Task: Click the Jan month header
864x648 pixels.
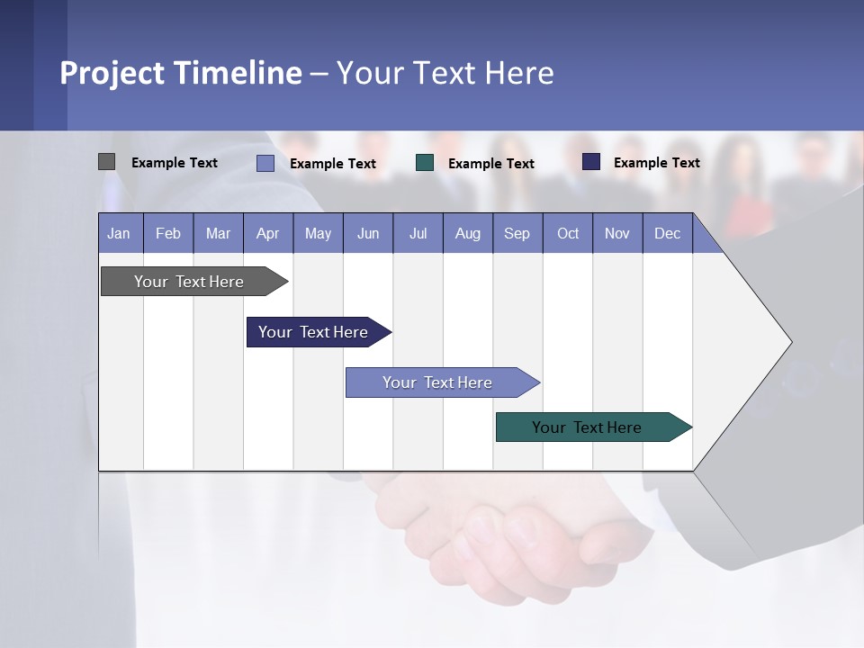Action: (x=120, y=233)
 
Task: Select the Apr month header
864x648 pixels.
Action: (x=268, y=233)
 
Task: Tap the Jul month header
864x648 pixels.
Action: (x=418, y=233)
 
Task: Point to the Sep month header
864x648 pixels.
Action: (x=517, y=233)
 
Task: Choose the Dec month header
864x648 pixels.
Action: (x=667, y=233)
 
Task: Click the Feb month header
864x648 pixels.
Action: (x=168, y=233)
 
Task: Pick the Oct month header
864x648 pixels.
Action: (x=568, y=233)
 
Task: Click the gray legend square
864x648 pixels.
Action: (x=106, y=162)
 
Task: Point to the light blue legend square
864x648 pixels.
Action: (x=265, y=163)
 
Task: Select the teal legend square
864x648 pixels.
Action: (x=425, y=163)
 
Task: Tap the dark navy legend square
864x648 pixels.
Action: (x=591, y=162)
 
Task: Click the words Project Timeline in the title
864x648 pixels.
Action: (x=181, y=73)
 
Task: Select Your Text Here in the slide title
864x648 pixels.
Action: (x=445, y=73)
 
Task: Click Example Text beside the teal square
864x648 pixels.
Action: (x=490, y=163)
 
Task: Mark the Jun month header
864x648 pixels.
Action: (x=368, y=233)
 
